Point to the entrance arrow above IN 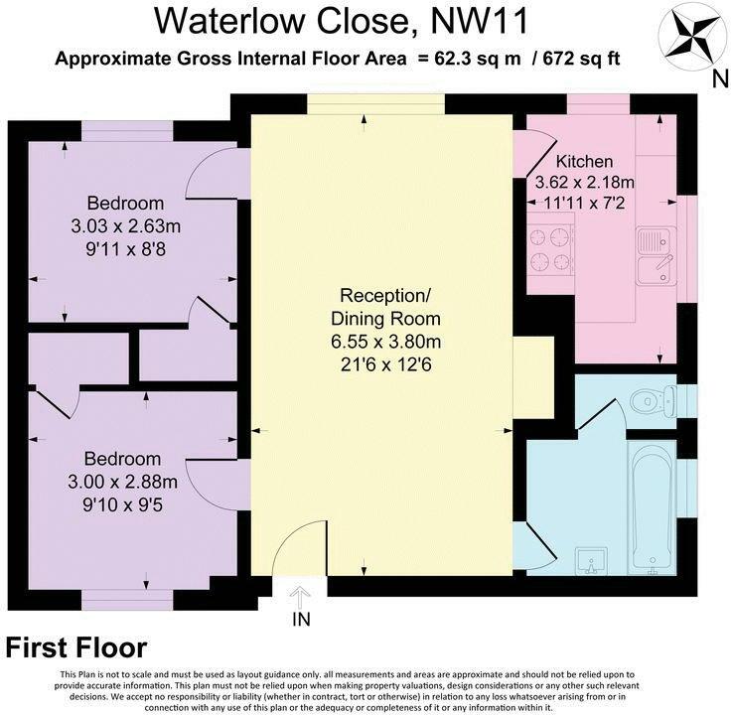pyautogui.click(x=299, y=597)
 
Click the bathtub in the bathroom pyautogui.click(x=653, y=506)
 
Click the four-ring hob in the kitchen pyautogui.click(x=550, y=249)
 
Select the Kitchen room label pyautogui.click(x=584, y=161)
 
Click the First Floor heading pyautogui.click(x=76, y=648)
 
